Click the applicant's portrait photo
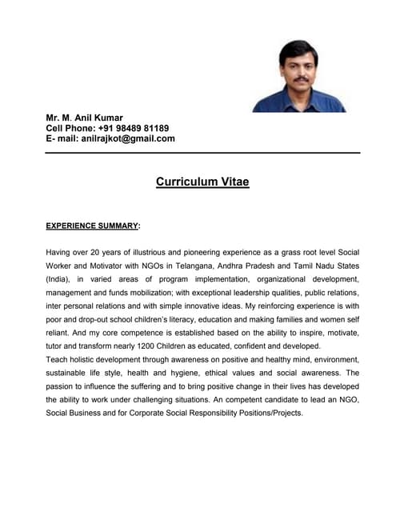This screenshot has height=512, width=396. tap(299, 76)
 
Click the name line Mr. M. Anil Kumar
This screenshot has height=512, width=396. tap(84, 118)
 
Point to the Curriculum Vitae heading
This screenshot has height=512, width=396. tap(202, 182)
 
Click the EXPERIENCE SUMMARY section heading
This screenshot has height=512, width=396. tap(93, 226)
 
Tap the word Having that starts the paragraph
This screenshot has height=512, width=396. tap(61, 252)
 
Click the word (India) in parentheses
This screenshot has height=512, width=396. tap(60, 279)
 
